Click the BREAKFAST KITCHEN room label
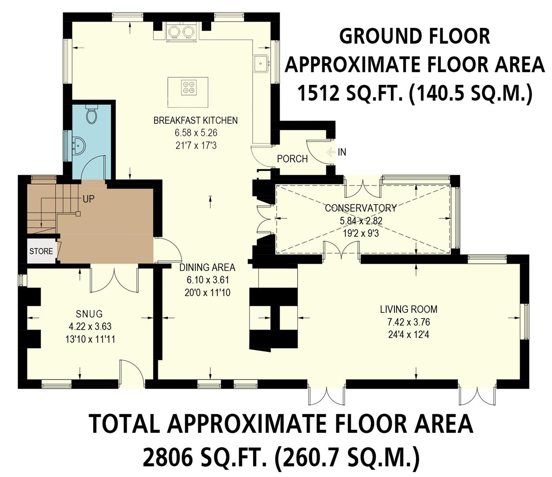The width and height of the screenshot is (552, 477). (x=195, y=120)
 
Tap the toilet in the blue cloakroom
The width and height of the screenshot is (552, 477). (x=92, y=115)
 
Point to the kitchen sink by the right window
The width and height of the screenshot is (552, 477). (x=261, y=63)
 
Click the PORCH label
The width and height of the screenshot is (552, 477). (x=292, y=159)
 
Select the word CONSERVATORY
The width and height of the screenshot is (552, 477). (x=360, y=208)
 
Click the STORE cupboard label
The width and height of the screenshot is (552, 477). (x=41, y=251)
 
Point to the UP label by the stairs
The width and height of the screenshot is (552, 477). (x=88, y=199)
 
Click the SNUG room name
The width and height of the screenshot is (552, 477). (x=89, y=314)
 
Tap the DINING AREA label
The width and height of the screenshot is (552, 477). (x=207, y=267)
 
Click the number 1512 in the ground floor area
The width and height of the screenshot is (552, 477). (x=317, y=94)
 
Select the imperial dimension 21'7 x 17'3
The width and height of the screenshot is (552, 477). (x=196, y=145)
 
